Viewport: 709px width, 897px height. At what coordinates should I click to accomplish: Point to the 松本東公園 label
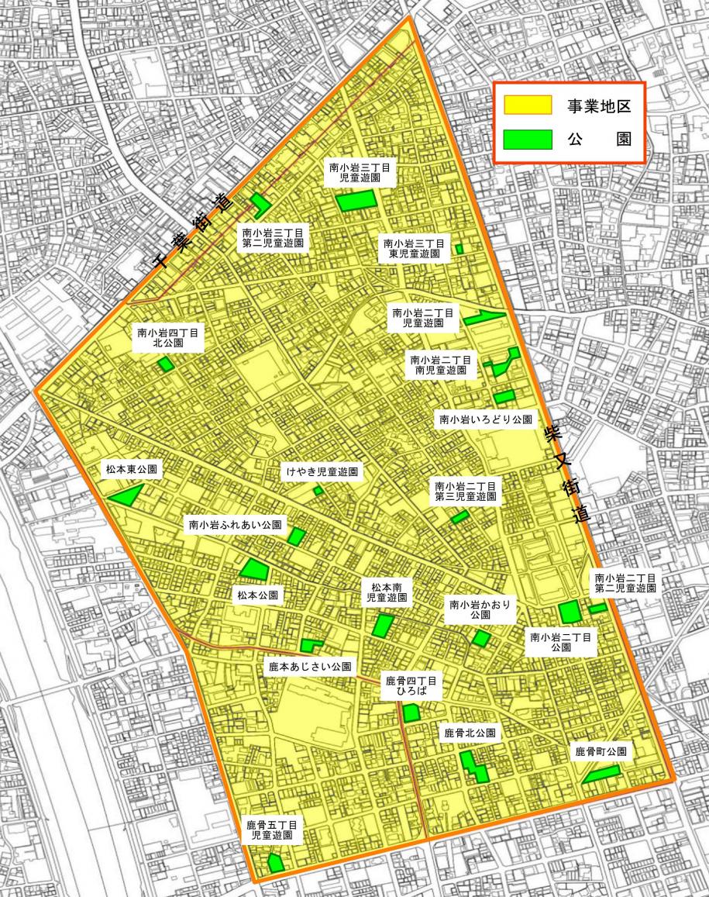click(x=132, y=470)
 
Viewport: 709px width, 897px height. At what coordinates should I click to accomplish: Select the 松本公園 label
click(x=258, y=596)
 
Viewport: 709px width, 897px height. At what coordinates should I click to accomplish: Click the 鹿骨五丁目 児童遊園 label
click(x=271, y=830)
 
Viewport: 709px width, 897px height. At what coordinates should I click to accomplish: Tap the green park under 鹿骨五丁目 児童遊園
click(x=274, y=862)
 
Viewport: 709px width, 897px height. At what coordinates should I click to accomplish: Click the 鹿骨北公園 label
click(x=470, y=733)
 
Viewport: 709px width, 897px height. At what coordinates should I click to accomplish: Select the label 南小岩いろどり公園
click(x=486, y=419)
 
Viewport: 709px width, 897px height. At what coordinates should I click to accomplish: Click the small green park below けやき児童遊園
click(x=318, y=491)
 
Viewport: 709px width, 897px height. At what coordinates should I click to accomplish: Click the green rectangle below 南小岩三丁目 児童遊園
click(x=356, y=201)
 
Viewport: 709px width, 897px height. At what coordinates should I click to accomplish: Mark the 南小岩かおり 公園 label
click(x=480, y=609)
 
